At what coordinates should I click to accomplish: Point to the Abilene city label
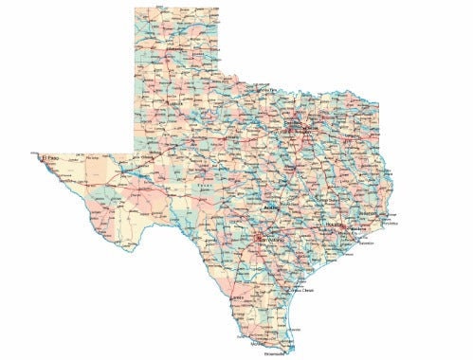tap(228, 138)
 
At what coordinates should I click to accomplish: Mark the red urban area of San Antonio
tap(257, 233)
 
